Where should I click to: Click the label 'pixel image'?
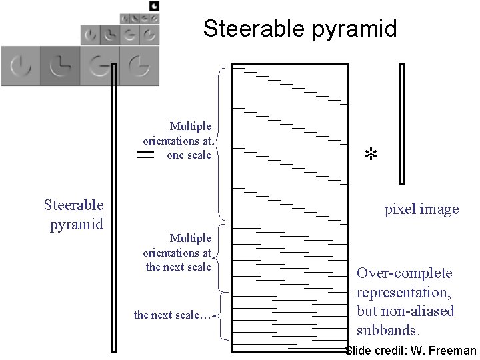click(x=421, y=209)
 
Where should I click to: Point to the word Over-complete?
click(x=404, y=273)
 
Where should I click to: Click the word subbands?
click(x=388, y=330)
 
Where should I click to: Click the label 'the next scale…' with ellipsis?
click(x=172, y=315)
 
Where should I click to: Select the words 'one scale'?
click(x=189, y=155)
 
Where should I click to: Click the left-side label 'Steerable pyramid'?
click(x=73, y=214)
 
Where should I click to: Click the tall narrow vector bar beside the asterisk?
click(x=402, y=123)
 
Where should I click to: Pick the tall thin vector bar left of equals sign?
click(x=114, y=207)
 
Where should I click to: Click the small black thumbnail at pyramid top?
click(x=154, y=6)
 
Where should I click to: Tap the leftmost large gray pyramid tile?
click(x=21, y=65)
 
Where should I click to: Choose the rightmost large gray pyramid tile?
click(x=139, y=65)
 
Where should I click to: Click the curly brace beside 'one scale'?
click(x=221, y=143)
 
